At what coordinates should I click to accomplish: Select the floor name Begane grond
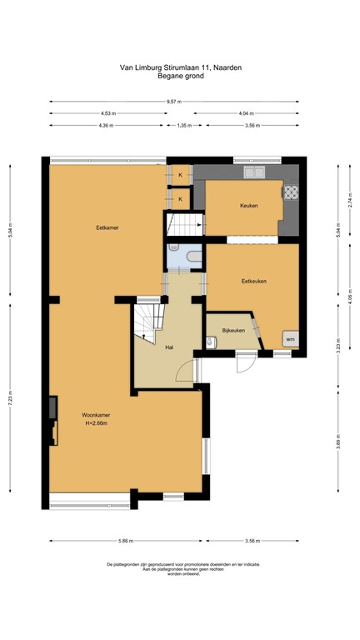pos(179,76)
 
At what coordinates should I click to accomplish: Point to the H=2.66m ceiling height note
pos(98,423)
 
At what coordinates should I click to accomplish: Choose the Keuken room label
pos(248,205)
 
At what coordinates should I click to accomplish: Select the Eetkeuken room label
pos(253,281)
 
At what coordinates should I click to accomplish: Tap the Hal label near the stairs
pos(169,347)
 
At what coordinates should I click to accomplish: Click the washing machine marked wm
pos(289,339)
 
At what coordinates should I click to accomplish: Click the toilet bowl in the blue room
pos(173,248)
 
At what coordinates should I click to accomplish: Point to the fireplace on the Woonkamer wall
pos(54,408)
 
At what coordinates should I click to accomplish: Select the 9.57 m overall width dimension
pos(173,102)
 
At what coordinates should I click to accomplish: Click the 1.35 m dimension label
pos(184,126)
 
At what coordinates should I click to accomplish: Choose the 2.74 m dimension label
pos(351,201)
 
